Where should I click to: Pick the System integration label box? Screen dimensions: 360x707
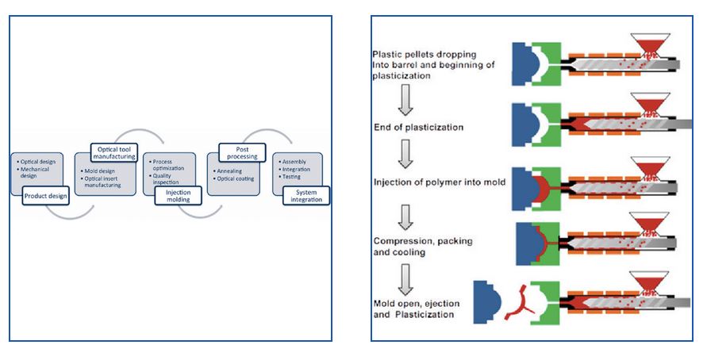[305, 195]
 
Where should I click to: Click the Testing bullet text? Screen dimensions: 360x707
[291, 177]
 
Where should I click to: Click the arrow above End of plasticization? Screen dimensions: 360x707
[404, 99]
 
